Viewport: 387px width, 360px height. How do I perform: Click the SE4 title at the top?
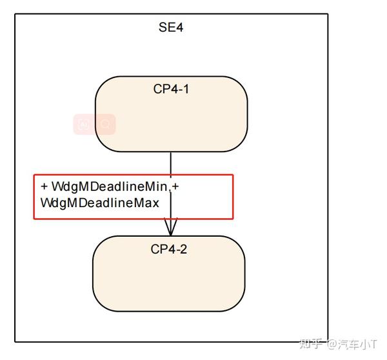tap(172, 28)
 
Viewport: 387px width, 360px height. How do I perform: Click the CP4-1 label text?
tap(171, 89)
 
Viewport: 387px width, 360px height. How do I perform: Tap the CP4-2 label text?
tap(169, 249)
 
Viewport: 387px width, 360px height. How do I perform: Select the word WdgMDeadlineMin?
tap(109, 187)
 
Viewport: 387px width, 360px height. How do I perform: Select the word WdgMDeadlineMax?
tap(99, 203)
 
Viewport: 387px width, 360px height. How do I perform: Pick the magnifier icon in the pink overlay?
tap(104, 124)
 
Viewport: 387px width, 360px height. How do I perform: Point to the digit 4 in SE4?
tap(181, 28)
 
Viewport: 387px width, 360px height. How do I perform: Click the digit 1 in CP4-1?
tap(186, 89)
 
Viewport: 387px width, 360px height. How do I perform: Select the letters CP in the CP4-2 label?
tap(158, 249)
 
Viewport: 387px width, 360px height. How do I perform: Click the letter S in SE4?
tap(163, 28)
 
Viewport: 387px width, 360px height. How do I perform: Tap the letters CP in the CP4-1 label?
tap(160, 89)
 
